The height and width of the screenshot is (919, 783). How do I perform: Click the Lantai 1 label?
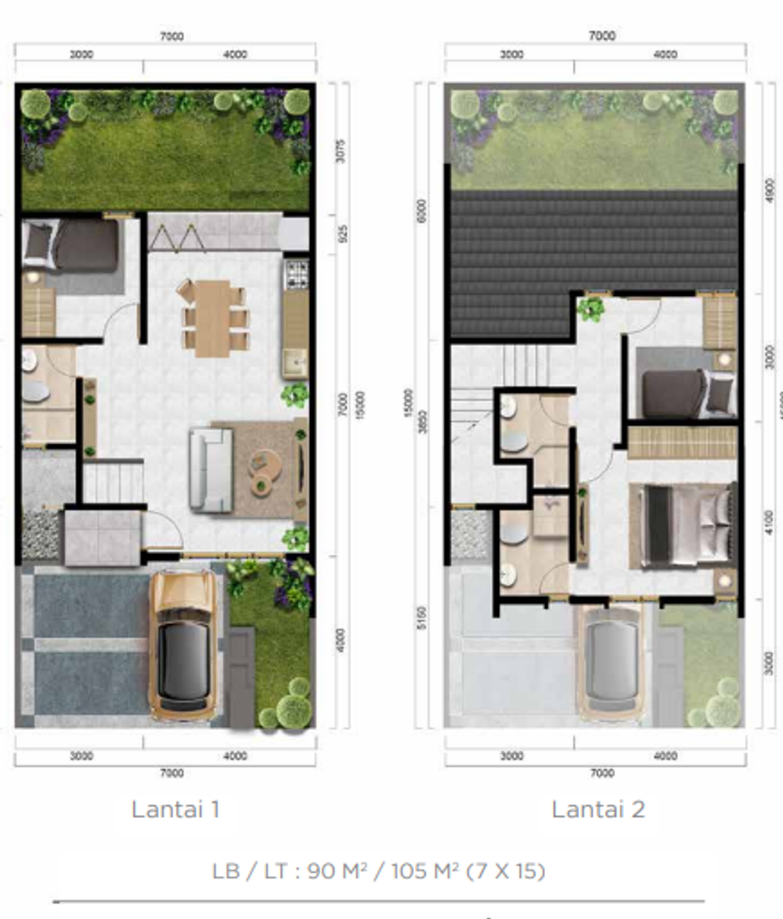pyautogui.click(x=176, y=809)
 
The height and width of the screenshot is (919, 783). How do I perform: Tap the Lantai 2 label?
pyautogui.click(x=598, y=809)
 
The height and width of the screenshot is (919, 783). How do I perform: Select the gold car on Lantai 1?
pyautogui.click(x=183, y=645)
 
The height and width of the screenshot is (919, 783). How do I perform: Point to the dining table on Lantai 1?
pyautogui.click(x=213, y=318)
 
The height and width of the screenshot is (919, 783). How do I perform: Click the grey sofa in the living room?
pyautogui.click(x=211, y=469)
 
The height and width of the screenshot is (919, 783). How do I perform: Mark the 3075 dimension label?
pyautogui.click(x=342, y=151)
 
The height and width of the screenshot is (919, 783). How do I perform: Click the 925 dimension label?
pyautogui.click(x=342, y=234)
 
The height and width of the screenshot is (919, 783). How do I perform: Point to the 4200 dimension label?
pyautogui.click(x=342, y=641)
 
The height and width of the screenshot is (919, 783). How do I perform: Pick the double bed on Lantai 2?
pyautogui.click(x=684, y=526)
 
